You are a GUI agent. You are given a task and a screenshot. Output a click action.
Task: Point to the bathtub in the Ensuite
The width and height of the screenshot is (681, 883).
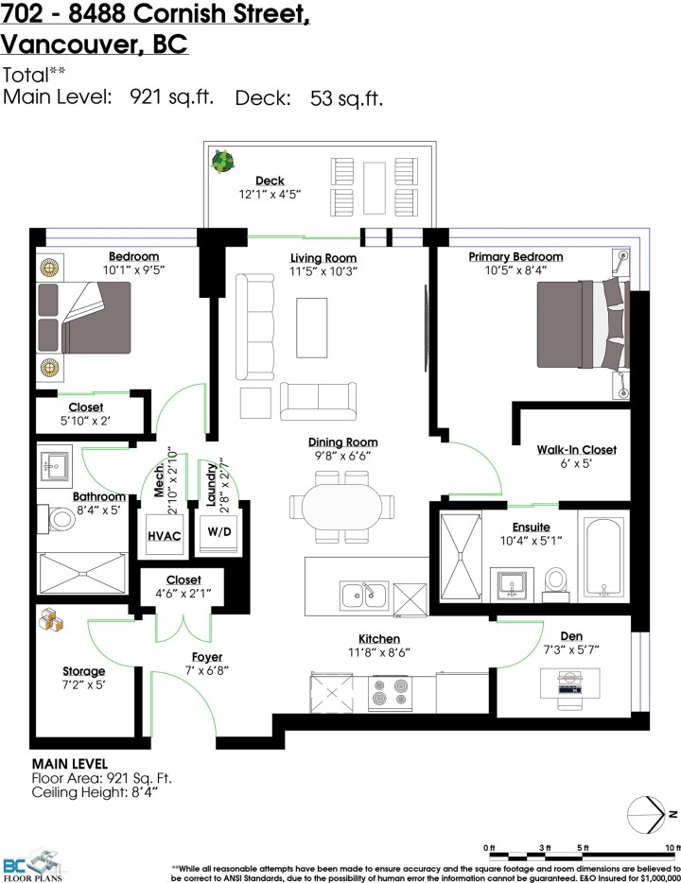coord(602,556)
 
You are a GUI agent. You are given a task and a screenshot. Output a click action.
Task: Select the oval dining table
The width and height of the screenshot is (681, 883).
coord(342,503)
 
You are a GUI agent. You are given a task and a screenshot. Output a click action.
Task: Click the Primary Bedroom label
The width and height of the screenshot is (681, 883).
coord(515,256)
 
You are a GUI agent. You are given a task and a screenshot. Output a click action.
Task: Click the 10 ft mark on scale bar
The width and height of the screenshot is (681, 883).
coord(672,847)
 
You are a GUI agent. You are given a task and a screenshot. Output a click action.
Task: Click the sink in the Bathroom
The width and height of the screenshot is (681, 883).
coord(50,464)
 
